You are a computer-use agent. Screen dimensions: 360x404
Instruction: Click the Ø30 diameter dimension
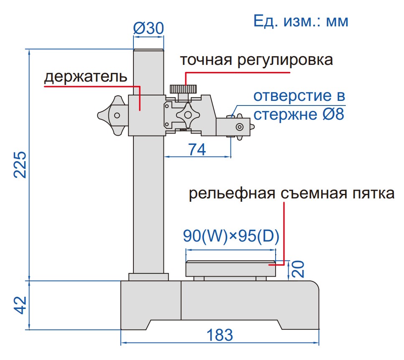(148, 28)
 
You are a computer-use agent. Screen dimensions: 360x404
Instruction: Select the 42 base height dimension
(20, 306)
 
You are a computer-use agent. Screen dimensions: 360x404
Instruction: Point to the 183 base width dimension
(220, 335)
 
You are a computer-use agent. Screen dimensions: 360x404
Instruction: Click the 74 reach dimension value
(197, 149)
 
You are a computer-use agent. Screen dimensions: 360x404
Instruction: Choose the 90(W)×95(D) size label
(231, 237)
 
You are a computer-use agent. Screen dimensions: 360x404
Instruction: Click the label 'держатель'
(86, 77)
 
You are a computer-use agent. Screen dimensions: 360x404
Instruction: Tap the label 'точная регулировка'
(256, 60)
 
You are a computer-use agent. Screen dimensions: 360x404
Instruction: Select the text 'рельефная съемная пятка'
(291, 194)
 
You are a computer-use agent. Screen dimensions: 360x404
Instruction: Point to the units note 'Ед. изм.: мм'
(301, 21)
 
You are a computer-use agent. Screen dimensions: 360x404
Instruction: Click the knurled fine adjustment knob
(183, 89)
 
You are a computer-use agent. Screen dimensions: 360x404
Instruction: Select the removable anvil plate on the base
(231, 268)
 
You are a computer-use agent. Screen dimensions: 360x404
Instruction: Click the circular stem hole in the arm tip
(240, 127)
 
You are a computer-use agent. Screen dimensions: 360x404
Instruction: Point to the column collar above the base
(148, 277)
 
